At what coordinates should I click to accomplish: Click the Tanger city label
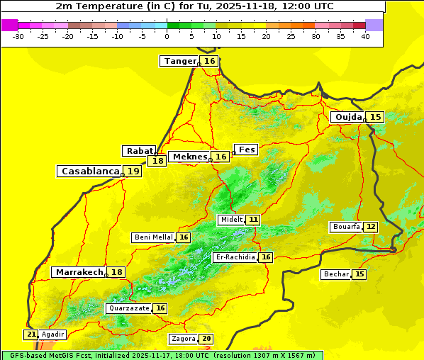click(179, 61)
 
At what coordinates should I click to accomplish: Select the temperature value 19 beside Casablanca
click(133, 171)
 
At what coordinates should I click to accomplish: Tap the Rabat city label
click(139, 151)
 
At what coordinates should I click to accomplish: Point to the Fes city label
click(246, 150)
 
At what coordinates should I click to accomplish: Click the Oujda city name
click(348, 117)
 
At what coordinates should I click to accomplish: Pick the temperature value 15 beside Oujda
click(375, 117)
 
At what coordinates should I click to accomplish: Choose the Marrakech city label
click(79, 272)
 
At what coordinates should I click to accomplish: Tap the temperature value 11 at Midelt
click(253, 220)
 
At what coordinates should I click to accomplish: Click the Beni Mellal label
click(153, 237)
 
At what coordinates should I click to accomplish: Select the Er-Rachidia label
click(235, 257)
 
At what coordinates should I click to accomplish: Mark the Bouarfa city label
click(346, 227)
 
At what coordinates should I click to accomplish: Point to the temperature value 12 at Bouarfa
click(371, 227)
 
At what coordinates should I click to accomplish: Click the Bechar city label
click(336, 274)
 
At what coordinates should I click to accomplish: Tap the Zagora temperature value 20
click(206, 339)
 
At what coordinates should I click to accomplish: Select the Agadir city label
click(52, 334)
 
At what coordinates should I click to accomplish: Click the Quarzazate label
click(128, 308)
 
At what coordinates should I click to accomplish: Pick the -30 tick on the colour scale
click(19, 36)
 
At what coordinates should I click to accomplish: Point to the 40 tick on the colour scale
click(365, 36)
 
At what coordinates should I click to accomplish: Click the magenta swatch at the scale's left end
click(10, 25)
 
